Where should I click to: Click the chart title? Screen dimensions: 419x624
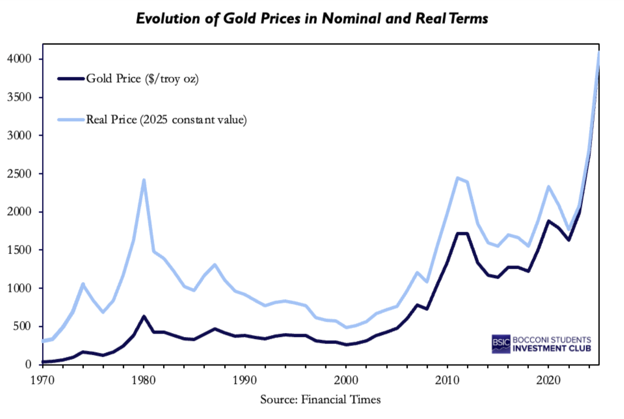pyautogui.click(x=312, y=19)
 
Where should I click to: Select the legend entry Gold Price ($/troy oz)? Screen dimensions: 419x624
pyautogui.click(x=142, y=79)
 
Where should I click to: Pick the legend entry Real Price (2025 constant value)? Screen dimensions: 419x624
pyautogui.click(x=166, y=120)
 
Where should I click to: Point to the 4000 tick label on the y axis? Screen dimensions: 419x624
pyautogui.click(x=19, y=59)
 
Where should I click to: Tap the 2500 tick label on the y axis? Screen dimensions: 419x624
pyautogui.click(x=19, y=174)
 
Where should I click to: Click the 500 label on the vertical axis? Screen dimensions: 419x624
pyautogui.click(x=22, y=326)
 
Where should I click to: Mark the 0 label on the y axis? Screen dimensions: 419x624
pyautogui.click(x=28, y=364)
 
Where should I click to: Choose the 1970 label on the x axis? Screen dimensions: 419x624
pyautogui.click(x=42, y=380)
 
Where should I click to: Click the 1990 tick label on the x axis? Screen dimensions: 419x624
pyautogui.click(x=245, y=380)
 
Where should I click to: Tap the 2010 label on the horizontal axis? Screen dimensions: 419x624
pyautogui.click(x=447, y=380)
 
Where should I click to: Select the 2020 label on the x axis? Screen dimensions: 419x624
pyautogui.click(x=548, y=380)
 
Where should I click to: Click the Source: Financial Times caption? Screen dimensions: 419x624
pyautogui.click(x=320, y=400)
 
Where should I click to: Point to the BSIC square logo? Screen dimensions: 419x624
pyautogui.click(x=501, y=344)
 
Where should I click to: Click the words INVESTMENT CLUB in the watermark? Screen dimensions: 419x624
pyautogui.click(x=552, y=349)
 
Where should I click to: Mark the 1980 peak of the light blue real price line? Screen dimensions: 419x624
pyautogui.click(x=144, y=180)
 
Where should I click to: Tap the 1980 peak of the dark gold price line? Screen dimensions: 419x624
pyautogui.click(x=144, y=317)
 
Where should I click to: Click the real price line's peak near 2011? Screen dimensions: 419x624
pyautogui.click(x=457, y=178)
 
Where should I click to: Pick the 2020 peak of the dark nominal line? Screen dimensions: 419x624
pyautogui.click(x=549, y=221)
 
